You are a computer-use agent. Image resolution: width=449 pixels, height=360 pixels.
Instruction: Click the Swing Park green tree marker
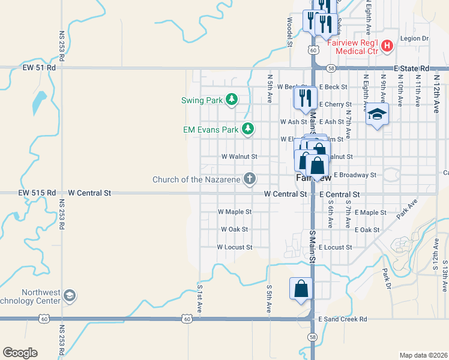click(x=231, y=100)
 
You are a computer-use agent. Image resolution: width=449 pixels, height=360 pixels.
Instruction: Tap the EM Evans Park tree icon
click(x=247, y=128)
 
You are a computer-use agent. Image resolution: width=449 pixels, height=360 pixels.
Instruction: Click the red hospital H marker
click(x=387, y=46)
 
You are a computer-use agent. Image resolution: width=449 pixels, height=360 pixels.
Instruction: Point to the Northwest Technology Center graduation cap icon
click(x=69, y=296)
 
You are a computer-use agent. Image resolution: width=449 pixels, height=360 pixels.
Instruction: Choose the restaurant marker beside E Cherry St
click(x=305, y=97)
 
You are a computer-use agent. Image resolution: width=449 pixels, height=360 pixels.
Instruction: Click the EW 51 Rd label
click(x=39, y=68)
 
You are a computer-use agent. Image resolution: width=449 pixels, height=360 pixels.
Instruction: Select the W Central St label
click(x=90, y=193)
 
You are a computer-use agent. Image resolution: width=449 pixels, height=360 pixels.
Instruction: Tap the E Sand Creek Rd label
click(x=343, y=319)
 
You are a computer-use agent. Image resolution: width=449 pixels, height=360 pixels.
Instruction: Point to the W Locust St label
click(x=235, y=247)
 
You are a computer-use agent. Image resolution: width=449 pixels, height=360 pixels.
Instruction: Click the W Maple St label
click(x=235, y=212)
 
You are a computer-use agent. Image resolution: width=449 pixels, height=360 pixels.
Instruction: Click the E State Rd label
click(x=412, y=69)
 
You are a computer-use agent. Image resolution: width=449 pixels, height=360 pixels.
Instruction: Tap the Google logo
click(x=20, y=353)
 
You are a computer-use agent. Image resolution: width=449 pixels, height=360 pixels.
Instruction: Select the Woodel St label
click(x=289, y=32)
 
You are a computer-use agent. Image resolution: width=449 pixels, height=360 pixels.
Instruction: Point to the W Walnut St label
click(x=240, y=157)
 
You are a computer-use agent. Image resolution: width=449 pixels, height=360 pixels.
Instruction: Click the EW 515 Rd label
click(x=37, y=193)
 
